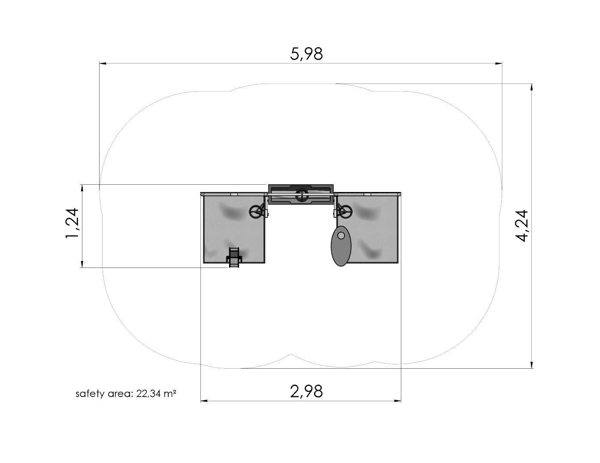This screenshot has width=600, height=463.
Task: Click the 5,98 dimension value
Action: point(306,54)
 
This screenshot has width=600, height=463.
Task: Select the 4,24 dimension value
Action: point(522,226)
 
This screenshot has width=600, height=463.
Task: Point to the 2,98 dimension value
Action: point(306,391)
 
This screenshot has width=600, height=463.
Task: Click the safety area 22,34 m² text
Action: point(126,394)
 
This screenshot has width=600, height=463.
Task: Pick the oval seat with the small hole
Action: point(341,246)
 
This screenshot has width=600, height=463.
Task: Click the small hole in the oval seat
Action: point(341,235)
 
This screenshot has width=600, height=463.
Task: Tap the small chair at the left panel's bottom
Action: point(234,258)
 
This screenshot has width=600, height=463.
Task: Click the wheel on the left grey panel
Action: point(256,212)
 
